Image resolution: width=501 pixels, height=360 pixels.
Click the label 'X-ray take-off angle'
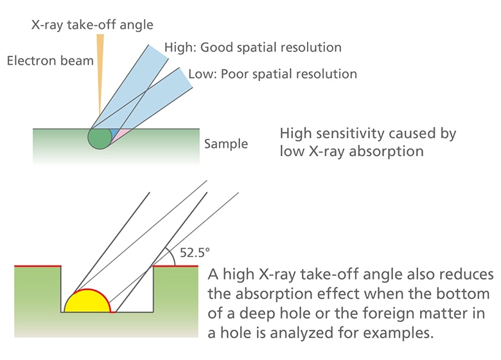click(92, 25)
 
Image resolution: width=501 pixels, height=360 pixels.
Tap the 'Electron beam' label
click(50, 61)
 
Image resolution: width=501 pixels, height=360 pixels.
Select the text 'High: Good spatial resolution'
click(252, 48)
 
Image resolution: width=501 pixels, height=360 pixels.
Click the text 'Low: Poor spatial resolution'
click(272, 74)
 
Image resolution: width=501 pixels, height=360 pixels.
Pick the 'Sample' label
click(226, 144)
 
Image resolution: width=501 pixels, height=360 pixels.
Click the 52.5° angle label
click(195, 253)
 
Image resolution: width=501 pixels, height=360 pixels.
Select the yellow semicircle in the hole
click(89, 302)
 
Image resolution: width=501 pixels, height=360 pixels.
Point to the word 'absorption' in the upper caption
click(390, 152)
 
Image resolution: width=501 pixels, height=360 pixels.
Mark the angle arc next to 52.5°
click(168, 255)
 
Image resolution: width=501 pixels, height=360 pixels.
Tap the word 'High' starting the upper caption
click(296, 134)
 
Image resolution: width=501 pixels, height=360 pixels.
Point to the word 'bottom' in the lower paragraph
click(471, 294)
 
